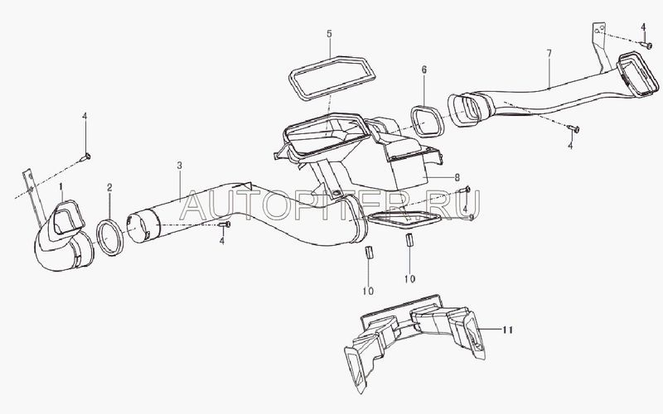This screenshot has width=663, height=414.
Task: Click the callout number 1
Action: [x=61, y=186]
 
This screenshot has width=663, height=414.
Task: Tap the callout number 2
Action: [x=109, y=187]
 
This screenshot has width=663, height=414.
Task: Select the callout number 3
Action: [x=180, y=165]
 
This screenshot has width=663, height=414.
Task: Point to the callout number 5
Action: [x=329, y=33]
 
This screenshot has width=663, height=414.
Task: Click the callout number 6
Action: [x=424, y=70]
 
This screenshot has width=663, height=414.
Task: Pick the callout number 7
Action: [x=549, y=54]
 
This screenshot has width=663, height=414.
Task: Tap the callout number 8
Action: [x=457, y=178]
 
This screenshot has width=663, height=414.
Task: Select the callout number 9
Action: [x=472, y=217]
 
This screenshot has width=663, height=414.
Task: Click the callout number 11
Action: [x=507, y=329]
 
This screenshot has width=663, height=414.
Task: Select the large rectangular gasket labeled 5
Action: [x=292, y=78]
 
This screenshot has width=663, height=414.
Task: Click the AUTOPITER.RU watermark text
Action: [x=330, y=205]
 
